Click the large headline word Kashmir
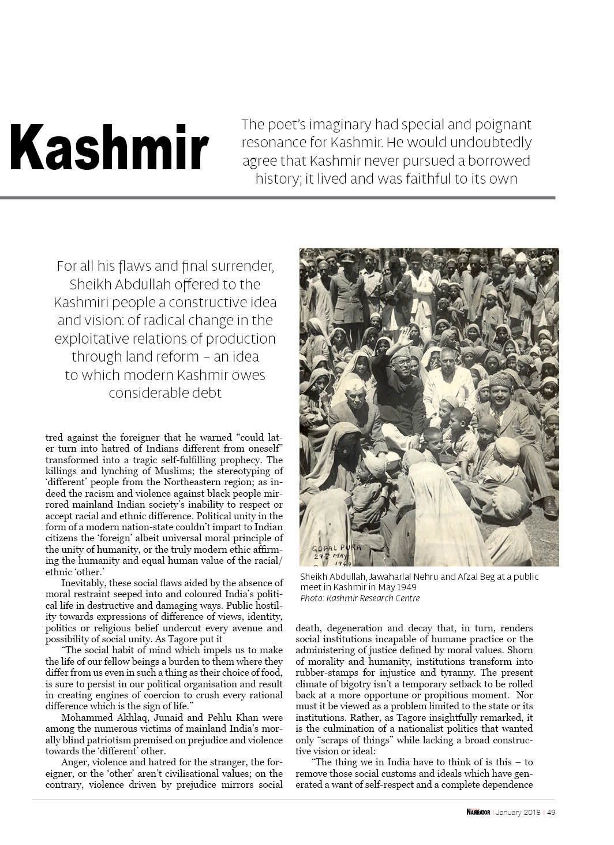pos(108,148)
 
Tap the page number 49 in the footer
pos(551,813)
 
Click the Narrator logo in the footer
pos(478,813)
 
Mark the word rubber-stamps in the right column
pos(322,673)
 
